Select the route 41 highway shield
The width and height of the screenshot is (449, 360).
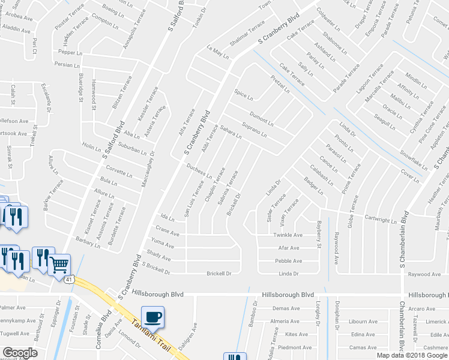[x=70, y=280]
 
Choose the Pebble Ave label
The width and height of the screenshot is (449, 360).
[x=287, y=261]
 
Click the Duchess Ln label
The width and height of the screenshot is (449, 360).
[x=199, y=172]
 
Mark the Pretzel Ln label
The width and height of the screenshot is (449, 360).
[x=280, y=85]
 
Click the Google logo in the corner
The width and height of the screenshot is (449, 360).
[x=20, y=353]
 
